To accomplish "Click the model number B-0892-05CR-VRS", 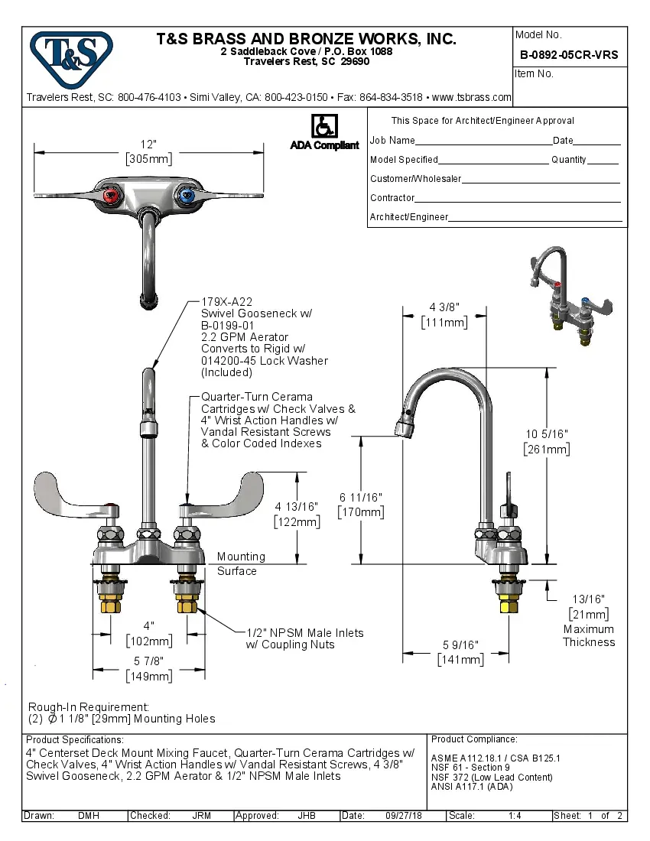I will click(x=569, y=55).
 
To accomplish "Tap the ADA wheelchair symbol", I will click(x=323, y=126).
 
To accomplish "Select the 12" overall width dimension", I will click(x=148, y=144).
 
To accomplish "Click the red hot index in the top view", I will click(x=111, y=196).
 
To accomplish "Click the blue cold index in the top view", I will click(x=184, y=196).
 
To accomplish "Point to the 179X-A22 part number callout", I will click(x=226, y=302).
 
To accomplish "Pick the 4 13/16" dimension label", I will click(x=297, y=506).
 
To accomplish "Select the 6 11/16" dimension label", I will click(x=361, y=498).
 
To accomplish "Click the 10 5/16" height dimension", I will click(x=546, y=434).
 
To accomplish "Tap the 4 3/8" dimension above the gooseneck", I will click(x=444, y=307).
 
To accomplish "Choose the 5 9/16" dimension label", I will click(x=460, y=645).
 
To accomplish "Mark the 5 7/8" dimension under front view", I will click(x=148, y=661).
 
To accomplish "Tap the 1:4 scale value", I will click(x=515, y=816).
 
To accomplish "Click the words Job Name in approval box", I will click(x=392, y=141).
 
